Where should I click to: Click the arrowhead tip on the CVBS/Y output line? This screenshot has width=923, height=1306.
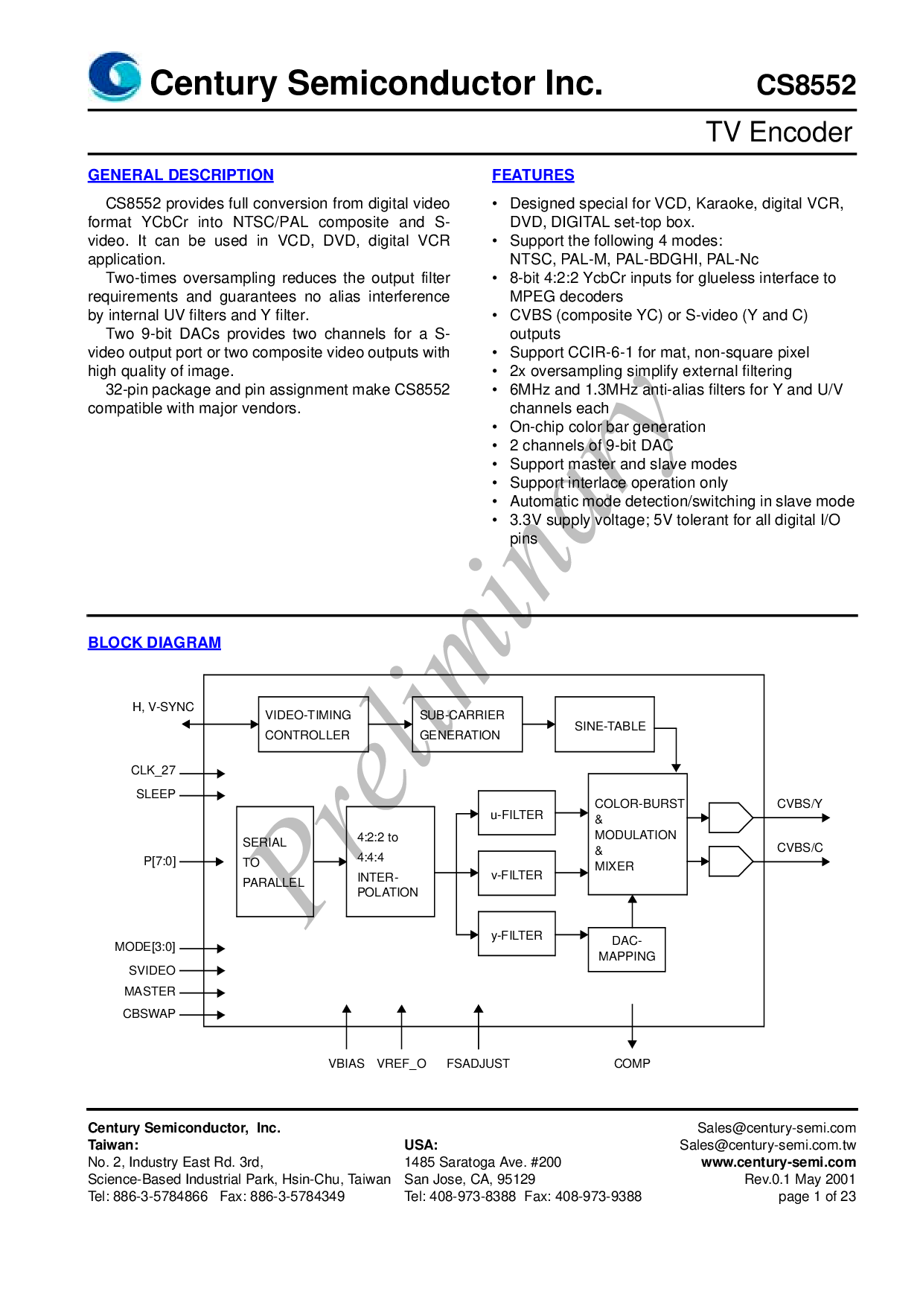point(830,818)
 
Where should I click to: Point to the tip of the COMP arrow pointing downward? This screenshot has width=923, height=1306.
point(632,1048)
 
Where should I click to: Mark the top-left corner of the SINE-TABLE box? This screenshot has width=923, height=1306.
point(555,697)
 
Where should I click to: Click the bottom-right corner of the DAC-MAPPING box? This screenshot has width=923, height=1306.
point(665,972)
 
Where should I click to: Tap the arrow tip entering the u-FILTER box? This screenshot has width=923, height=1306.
point(479,814)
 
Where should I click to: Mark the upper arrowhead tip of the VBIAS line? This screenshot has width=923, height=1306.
point(347,1004)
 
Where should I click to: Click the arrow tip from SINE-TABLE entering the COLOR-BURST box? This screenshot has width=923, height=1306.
point(676,773)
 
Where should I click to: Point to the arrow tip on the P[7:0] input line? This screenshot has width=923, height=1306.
point(224,861)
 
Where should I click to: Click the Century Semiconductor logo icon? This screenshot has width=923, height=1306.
point(115,76)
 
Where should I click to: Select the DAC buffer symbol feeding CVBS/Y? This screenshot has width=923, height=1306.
point(731,818)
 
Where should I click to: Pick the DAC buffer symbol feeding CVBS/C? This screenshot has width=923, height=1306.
point(731,861)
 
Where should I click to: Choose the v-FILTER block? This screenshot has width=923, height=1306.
point(517,873)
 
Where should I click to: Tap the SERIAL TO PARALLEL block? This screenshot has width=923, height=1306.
point(275,861)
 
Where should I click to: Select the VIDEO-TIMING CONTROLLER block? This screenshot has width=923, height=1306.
point(313,724)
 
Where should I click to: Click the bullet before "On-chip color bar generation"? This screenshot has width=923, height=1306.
point(495,427)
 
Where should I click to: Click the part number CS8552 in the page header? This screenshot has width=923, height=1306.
point(806,85)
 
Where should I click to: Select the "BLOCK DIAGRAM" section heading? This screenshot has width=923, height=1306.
point(154,643)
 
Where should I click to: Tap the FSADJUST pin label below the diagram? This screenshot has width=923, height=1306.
point(478,1063)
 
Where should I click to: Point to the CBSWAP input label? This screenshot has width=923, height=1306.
point(149,1013)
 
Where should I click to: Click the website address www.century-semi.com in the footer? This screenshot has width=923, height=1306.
point(779,1162)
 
